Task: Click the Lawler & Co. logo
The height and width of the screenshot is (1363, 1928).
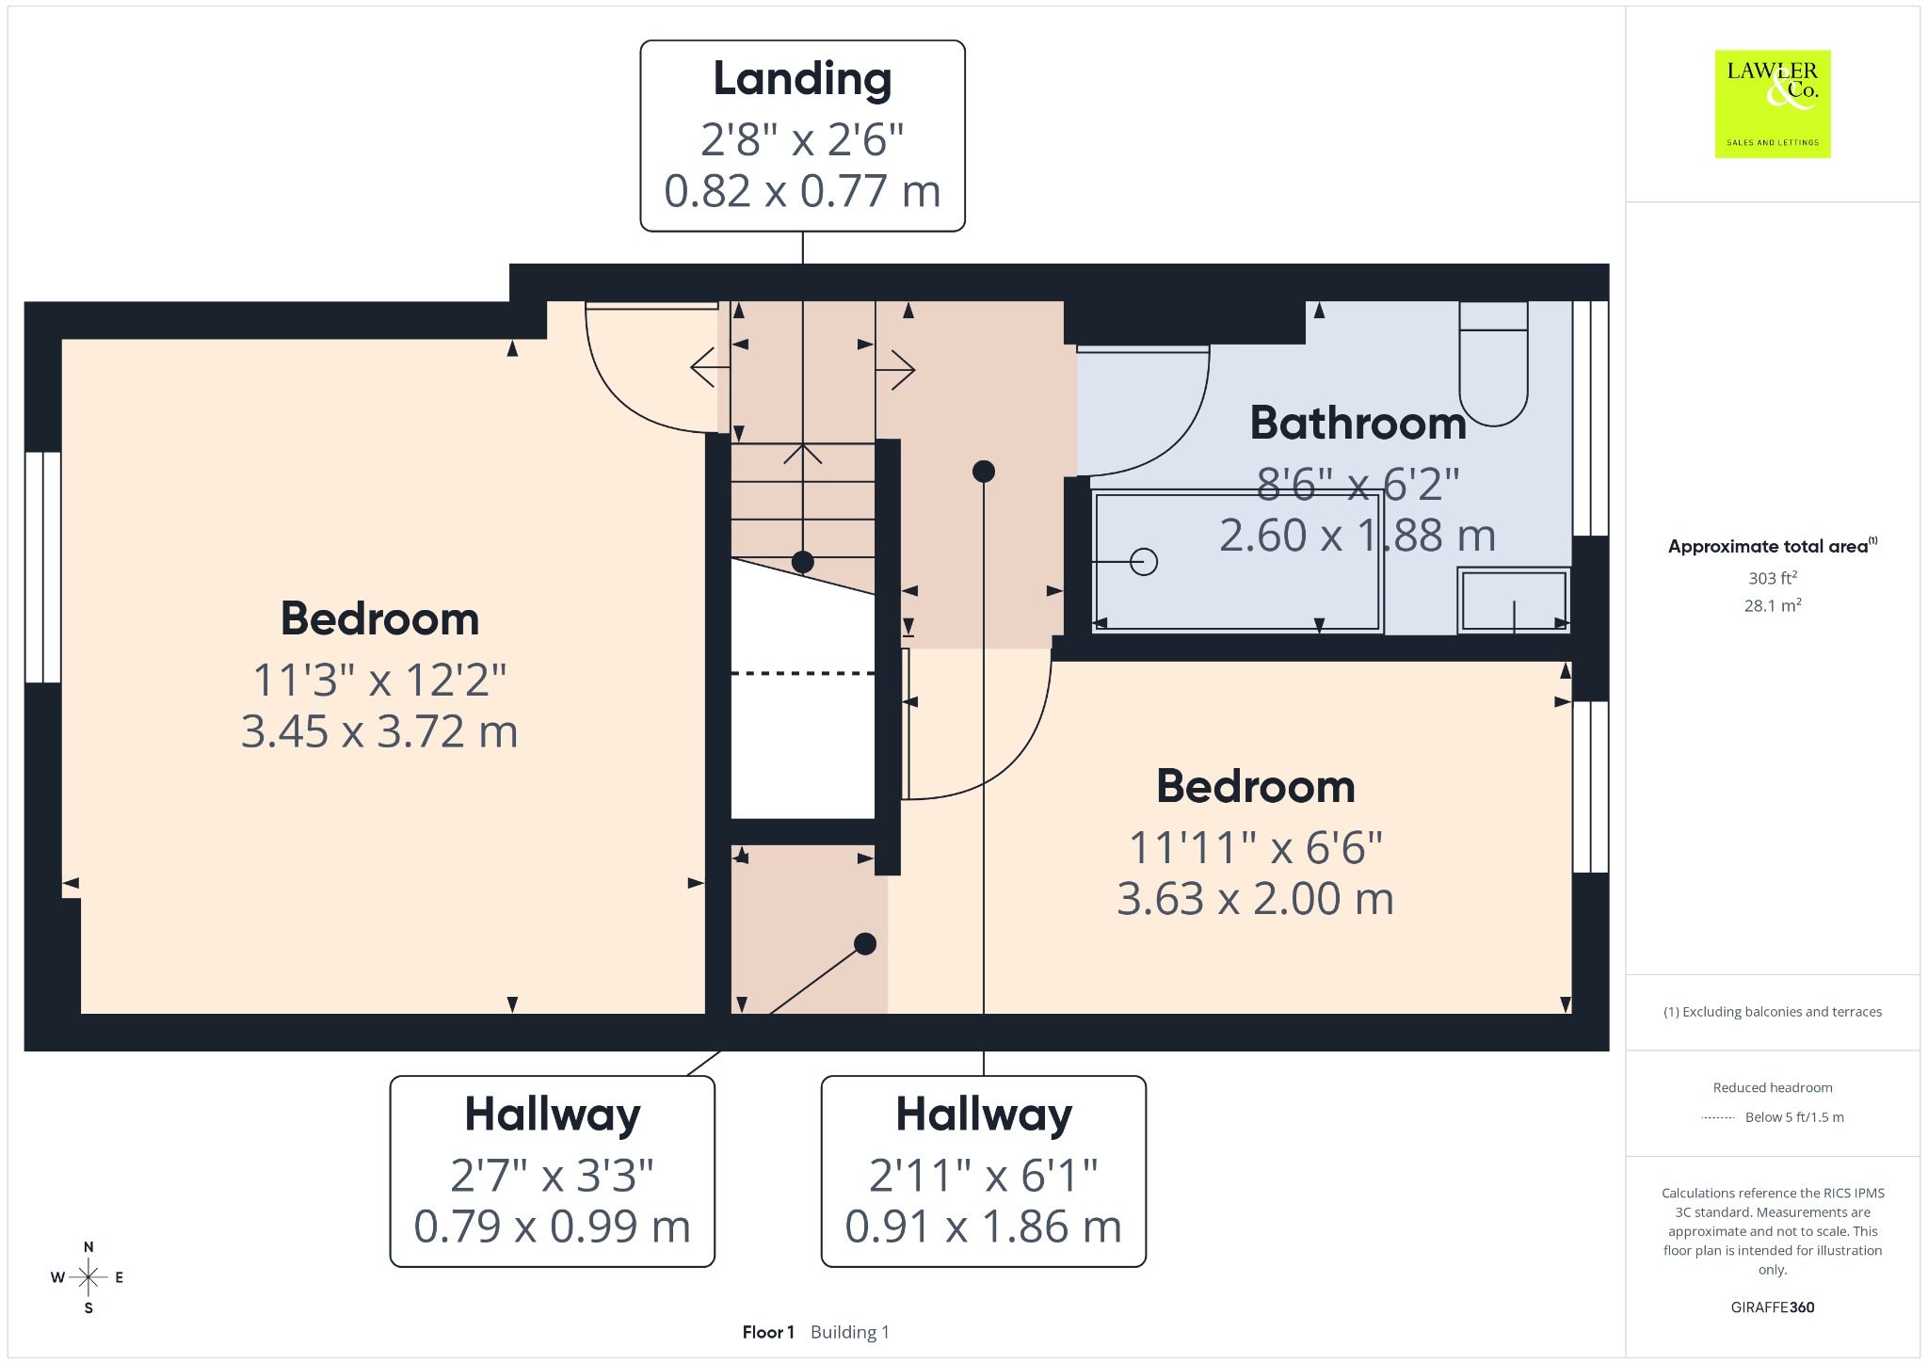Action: tap(1773, 104)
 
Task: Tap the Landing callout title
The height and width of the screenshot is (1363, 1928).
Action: tap(802, 79)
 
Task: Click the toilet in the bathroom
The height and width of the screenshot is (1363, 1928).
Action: tap(1493, 363)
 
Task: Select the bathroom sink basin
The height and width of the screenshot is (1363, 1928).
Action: tap(1514, 600)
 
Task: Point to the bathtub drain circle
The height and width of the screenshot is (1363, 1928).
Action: tap(1144, 562)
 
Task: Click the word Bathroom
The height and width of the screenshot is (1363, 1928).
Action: tap(1358, 424)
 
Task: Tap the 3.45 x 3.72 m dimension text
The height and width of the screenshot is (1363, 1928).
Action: tap(379, 731)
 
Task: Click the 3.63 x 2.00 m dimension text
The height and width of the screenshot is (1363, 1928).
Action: tap(1255, 899)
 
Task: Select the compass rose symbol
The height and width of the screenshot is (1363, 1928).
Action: tap(88, 1277)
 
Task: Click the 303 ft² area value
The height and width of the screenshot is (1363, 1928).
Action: tap(1773, 578)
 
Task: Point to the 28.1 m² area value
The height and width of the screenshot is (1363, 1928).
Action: tap(1773, 605)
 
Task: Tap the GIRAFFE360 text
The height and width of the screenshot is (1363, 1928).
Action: tap(1773, 1307)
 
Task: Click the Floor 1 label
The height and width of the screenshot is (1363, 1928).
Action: tap(768, 1332)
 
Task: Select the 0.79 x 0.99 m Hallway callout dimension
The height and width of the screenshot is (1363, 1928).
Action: tap(553, 1227)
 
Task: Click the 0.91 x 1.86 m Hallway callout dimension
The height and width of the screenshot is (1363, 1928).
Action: tap(984, 1227)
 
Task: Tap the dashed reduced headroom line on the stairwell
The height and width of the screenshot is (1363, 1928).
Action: tap(803, 673)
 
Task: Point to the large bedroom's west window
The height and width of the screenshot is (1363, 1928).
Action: tap(43, 567)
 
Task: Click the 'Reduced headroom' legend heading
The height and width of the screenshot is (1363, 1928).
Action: tap(1773, 1087)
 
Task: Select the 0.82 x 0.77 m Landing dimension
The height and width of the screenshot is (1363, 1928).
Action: tap(802, 191)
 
